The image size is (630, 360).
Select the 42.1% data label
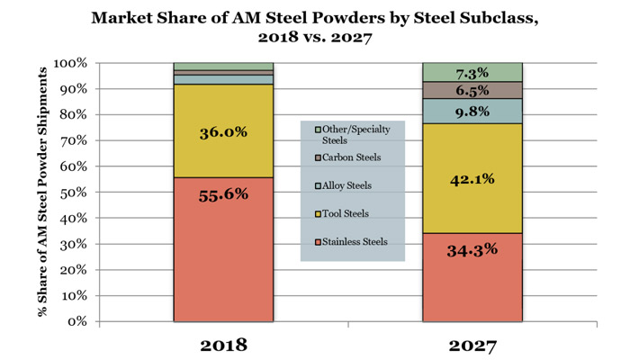coord(472,179)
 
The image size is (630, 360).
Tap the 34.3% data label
coord(472,249)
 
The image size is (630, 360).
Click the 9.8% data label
coord(472,111)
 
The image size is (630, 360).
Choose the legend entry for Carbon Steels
coord(352,157)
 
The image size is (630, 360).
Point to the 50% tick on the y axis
coord(73,193)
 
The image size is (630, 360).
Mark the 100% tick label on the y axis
coord(70,64)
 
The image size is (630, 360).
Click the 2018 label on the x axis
coord(223,344)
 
